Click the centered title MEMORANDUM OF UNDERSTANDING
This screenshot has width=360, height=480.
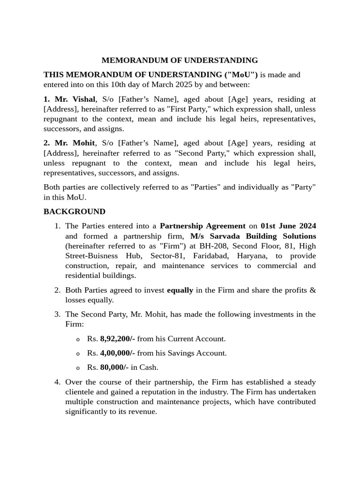click(180, 60)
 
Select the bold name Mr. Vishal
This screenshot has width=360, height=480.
click(69, 99)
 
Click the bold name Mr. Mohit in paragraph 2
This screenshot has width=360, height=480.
click(69, 143)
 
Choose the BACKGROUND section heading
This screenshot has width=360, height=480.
click(75, 212)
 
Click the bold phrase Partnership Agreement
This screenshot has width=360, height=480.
click(202, 226)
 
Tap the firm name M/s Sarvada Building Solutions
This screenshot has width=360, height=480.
click(253, 236)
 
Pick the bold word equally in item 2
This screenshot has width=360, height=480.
click(180, 290)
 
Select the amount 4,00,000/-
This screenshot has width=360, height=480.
click(118, 353)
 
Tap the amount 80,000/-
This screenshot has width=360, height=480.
click(114, 367)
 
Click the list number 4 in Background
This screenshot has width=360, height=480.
click(57, 382)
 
